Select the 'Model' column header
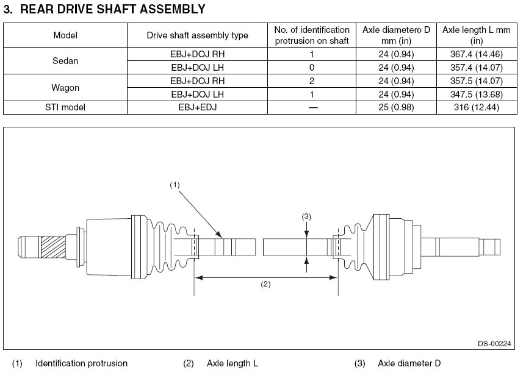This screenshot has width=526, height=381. (65, 35)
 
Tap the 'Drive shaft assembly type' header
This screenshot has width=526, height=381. (197, 35)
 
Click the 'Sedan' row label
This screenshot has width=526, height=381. (65, 60)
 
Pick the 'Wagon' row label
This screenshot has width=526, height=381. (65, 87)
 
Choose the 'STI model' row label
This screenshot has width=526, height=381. (65, 107)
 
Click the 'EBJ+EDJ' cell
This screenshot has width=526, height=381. (197, 107)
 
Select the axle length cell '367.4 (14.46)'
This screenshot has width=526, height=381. (475, 54)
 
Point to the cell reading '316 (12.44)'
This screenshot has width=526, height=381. (475, 107)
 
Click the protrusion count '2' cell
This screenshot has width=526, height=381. (312, 80)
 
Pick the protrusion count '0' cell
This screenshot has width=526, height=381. (312, 67)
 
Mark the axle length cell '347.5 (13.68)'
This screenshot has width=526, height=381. (475, 94)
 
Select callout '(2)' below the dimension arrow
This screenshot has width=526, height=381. (265, 284)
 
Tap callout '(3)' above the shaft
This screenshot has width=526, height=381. (306, 216)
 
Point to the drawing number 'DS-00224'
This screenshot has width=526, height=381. (494, 344)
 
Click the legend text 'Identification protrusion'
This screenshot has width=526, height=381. (81, 363)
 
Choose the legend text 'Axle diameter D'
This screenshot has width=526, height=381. (409, 363)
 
